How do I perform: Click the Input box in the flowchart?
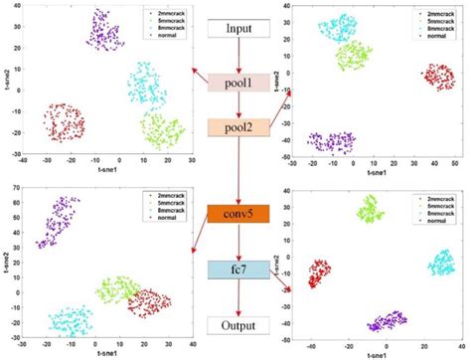pyautogui.click(x=237, y=29)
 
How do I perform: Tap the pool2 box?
pyautogui.click(x=237, y=127)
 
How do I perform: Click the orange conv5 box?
pyautogui.click(x=237, y=214)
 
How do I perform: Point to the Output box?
pyautogui.click(x=237, y=324)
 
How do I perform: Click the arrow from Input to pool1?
pyautogui.click(x=237, y=56)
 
